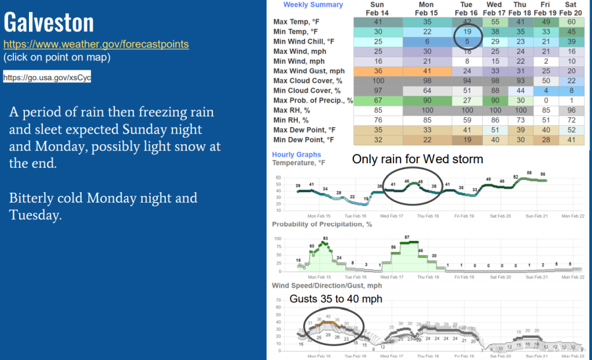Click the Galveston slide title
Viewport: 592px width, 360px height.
point(49,23)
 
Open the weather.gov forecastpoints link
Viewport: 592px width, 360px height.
point(96,45)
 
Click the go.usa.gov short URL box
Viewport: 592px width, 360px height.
point(47,78)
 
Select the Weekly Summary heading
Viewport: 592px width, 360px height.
point(313,5)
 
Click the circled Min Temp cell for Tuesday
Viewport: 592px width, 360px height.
point(466,31)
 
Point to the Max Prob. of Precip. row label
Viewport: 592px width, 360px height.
point(313,101)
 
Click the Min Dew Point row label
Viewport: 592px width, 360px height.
point(305,140)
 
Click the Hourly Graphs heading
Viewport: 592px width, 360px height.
point(297,154)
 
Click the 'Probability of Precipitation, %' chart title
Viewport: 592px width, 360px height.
point(322,224)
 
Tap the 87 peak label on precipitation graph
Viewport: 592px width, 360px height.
point(408,237)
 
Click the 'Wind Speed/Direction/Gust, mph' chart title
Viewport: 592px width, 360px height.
point(327,286)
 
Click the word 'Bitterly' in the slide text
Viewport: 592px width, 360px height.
point(33,198)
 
